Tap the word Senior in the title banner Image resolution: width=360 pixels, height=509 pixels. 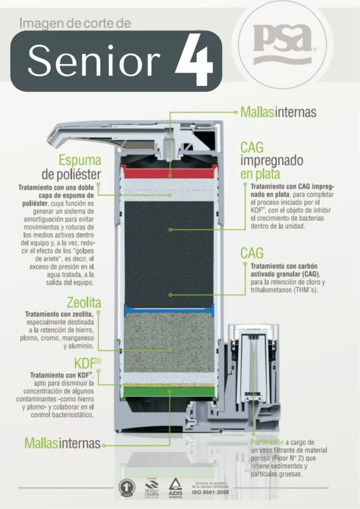(94, 61)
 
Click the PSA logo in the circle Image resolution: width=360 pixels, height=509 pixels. (282, 45)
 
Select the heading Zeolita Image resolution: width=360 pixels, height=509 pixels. (84, 302)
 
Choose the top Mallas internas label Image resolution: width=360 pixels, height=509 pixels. (278, 112)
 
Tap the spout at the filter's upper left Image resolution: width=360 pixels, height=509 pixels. (75, 134)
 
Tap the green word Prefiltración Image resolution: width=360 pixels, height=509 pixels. (266, 442)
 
